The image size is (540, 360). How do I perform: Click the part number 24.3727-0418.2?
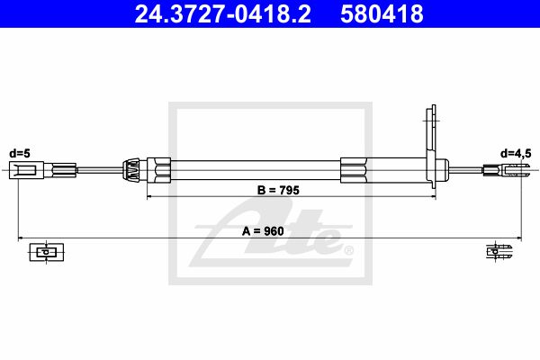point(223,13)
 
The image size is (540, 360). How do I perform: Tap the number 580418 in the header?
point(382,13)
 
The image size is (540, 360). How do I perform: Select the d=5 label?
point(20,153)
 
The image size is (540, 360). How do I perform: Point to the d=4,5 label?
point(516,153)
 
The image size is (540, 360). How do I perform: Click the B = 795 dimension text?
point(279,190)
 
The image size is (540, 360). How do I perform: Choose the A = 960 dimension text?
point(263,231)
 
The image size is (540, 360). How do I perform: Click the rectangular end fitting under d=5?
point(26,170)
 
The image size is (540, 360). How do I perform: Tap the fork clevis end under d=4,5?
point(513,170)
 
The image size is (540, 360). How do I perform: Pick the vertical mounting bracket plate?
point(431,147)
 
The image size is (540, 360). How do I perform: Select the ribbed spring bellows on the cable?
point(131,170)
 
